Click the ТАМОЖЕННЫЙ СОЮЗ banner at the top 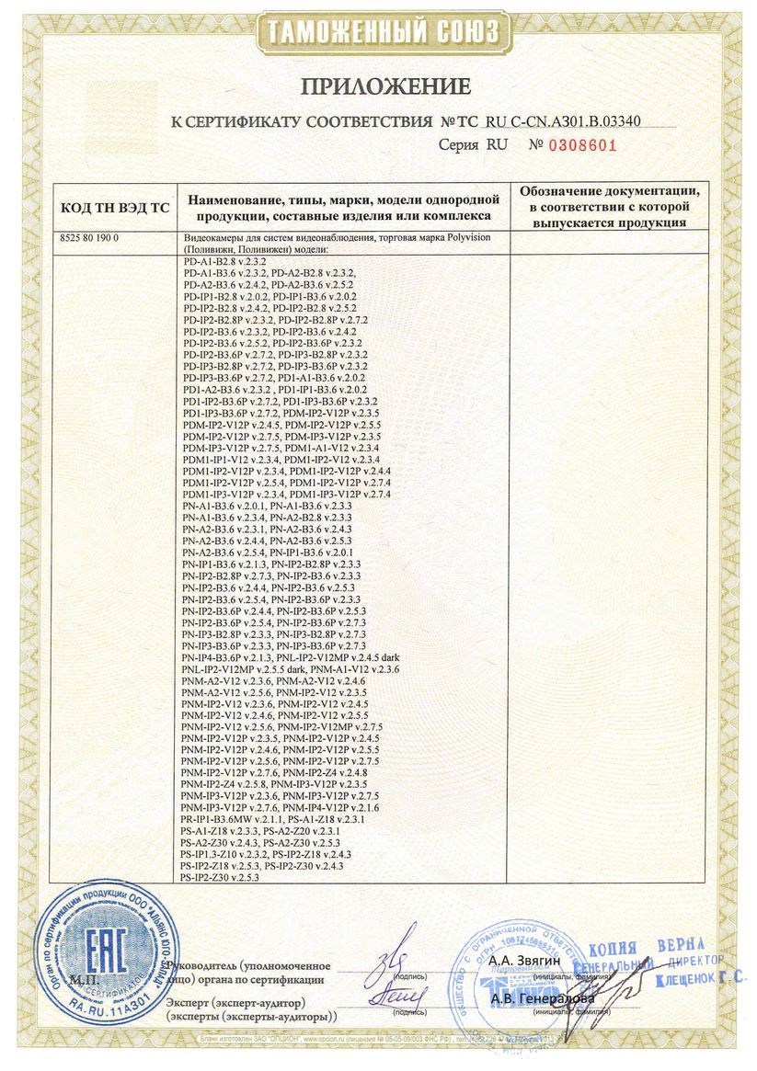click(378, 34)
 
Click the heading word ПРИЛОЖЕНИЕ click(377, 86)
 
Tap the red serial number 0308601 click(581, 145)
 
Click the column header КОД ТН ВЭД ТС click(114, 208)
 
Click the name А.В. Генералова click(541, 997)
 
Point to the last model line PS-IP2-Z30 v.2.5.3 click(222, 878)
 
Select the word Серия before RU click(459, 145)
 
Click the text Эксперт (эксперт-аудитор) click(234, 1001)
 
